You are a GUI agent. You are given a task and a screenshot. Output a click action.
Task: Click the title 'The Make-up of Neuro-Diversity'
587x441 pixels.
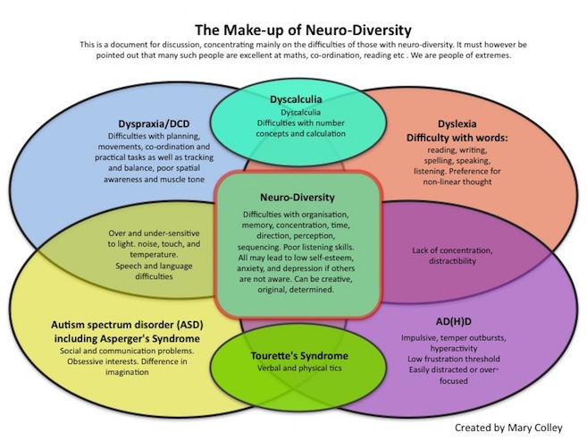(x=303, y=30)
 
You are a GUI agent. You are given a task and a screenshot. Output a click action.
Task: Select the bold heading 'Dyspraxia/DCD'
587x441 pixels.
(x=154, y=123)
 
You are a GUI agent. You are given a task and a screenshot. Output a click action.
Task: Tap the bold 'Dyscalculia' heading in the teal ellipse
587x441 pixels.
(x=296, y=99)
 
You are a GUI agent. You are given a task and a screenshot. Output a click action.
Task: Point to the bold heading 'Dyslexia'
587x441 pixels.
(x=457, y=124)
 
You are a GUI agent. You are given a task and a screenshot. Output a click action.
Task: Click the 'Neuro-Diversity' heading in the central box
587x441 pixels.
(x=298, y=198)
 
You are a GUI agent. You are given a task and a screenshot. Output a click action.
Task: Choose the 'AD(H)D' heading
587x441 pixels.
(x=453, y=321)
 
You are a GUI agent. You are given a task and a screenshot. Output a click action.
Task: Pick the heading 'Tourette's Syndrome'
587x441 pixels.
(x=299, y=355)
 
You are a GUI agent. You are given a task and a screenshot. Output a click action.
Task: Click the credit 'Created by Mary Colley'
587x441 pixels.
(x=508, y=428)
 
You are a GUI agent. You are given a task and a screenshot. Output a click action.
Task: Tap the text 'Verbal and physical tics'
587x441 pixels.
(x=299, y=369)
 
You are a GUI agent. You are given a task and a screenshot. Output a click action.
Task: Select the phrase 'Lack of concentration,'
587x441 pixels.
(x=452, y=250)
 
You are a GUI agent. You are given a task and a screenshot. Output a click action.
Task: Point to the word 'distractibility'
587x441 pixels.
(x=452, y=261)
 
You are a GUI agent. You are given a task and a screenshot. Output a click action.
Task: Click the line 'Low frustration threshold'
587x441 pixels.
(x=453, y=359)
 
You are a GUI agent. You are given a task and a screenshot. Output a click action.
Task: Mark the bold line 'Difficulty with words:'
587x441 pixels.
(x=457, y=138)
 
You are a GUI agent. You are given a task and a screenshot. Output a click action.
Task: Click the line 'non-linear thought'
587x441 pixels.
(x=457, y=182)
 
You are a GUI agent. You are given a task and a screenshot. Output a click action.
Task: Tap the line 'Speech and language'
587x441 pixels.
(x=154, y=266)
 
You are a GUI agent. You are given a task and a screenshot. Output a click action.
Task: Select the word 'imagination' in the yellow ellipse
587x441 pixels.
(x=127, y=372)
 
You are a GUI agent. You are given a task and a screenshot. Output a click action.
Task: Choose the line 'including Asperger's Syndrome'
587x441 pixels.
(x=127, y=339)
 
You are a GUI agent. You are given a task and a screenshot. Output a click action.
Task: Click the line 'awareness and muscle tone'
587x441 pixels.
(x=154, y=180)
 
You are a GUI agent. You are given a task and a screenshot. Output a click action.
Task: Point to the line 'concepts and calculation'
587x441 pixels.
(x=300, y=134)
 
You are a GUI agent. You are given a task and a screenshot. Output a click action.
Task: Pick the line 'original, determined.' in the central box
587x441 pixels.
(x=296, y=290)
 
